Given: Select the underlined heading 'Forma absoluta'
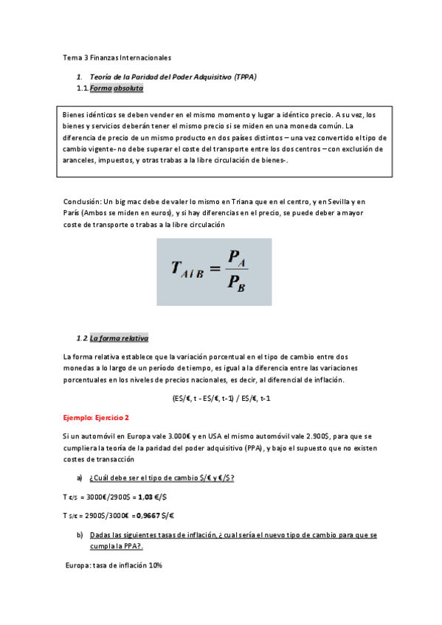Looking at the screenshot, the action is (117, 89).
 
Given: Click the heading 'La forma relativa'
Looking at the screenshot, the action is (119, 338).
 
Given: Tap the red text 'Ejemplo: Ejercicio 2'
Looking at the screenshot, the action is (96, 417).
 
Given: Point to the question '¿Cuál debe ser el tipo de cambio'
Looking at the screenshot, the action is (148, 478).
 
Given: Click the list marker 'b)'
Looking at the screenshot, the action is (80, 534).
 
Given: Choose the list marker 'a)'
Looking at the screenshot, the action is (80, 478).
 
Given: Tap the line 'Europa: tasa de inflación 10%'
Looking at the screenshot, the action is (114, 565).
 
